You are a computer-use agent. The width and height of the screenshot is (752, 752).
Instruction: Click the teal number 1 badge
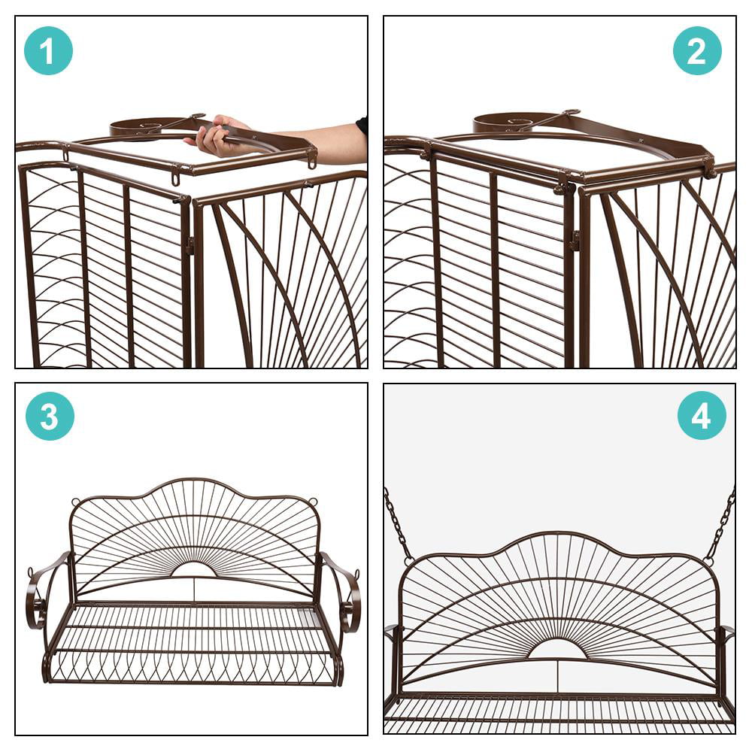click(48, 50)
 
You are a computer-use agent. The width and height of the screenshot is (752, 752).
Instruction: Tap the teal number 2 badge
click(696, 50)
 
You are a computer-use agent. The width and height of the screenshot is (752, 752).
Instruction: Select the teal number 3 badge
click(50, 416)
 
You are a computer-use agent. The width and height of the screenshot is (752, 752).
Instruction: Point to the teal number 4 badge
click(701, 415)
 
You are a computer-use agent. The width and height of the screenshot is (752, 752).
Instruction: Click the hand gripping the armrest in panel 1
click(217, 136)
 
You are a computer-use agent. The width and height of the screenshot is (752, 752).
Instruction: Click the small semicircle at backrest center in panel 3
click(194, 569)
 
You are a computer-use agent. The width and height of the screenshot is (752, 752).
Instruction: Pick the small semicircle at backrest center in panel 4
click(557, 649)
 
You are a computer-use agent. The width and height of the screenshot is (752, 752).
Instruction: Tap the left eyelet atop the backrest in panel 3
click(75, 502)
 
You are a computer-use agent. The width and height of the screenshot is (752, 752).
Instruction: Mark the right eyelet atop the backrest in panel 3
click(313, 502)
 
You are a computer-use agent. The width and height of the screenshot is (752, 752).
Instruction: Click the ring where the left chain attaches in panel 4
click(408, 560)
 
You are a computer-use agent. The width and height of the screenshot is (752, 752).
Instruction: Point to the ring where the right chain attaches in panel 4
click(708, 560)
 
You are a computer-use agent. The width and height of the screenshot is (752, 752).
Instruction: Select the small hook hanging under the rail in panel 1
click(175, 179)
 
